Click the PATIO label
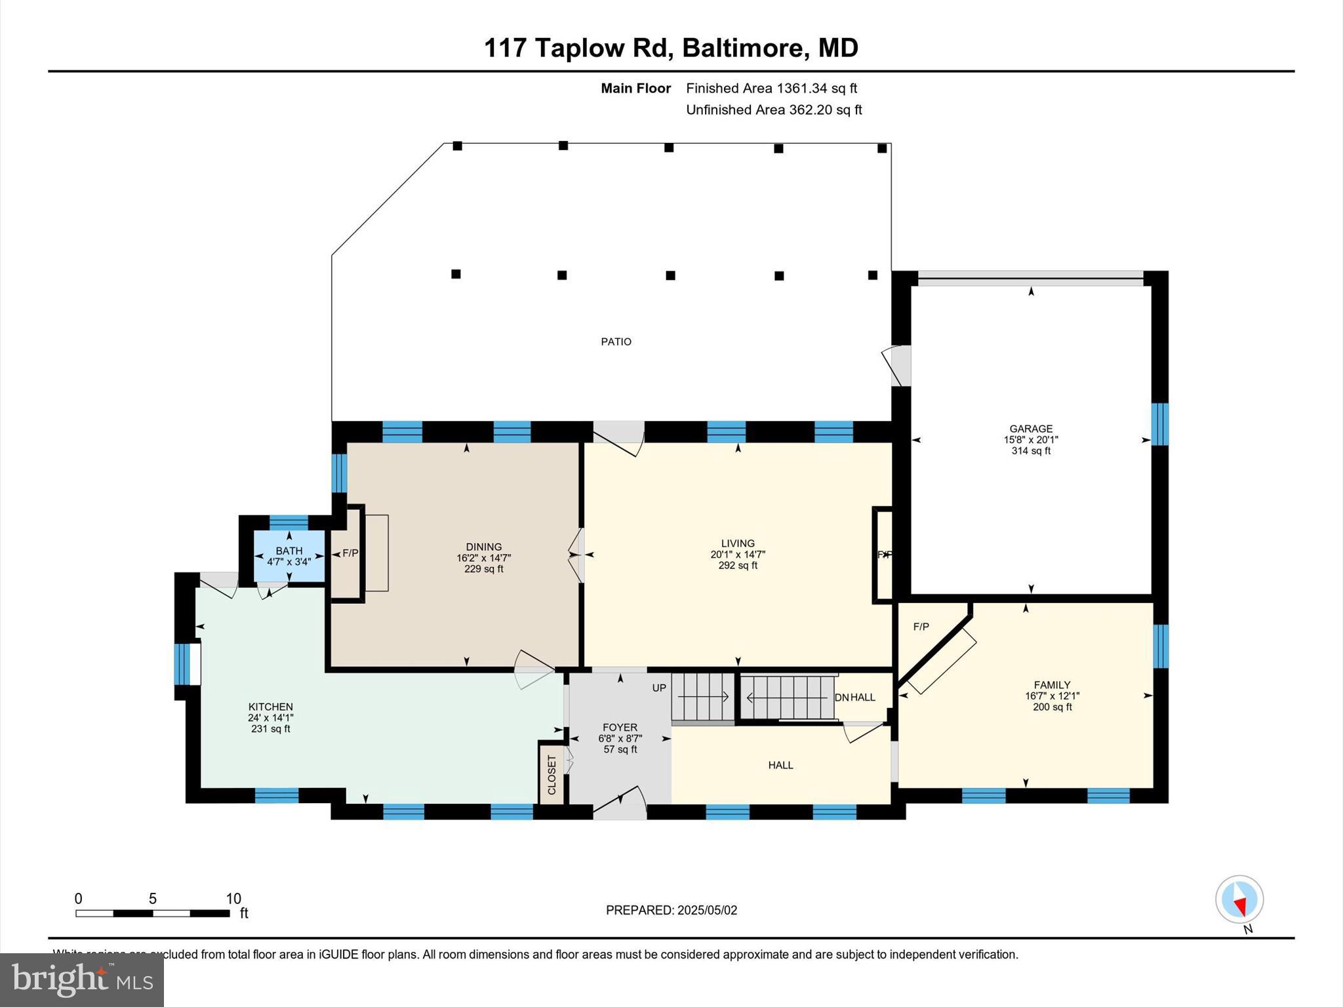coord(616,342)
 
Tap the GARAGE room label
coord(1031,429)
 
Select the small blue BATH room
coord(289,556)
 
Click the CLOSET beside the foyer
coord(551,774)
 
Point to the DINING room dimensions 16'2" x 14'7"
coord(483,559)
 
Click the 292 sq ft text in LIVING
coord(738,566)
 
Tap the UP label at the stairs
coord(659,688)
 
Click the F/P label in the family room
coord(921,627)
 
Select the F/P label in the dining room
coord(350,553)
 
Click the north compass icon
coord(1239,899)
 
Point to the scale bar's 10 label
coord(233,899)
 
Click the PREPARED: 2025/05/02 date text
coord(671,910)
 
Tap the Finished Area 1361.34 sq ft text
coord(771,89)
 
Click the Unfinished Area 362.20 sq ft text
coord(774,110)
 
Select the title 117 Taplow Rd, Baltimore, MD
coord(671,49)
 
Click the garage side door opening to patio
coord(899,366)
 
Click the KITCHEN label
coord(270,707)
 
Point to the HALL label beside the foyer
coord(780,765)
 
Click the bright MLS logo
coord(82,979)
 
